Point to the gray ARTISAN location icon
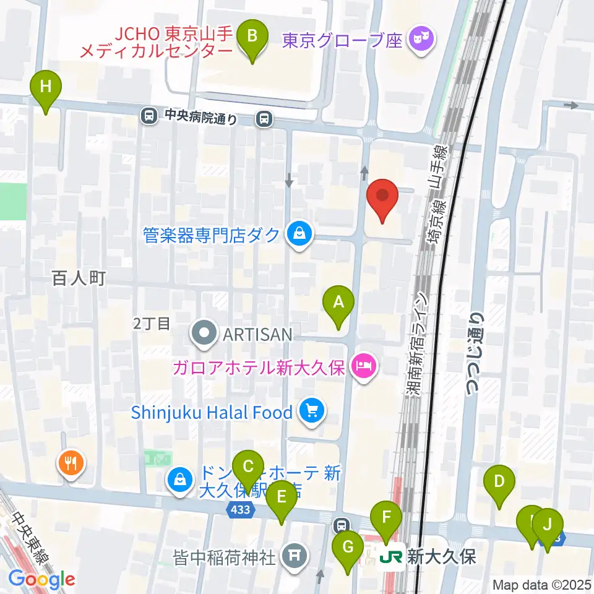(205, 335)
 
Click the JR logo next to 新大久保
(391, 556)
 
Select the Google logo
(41, 580)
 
